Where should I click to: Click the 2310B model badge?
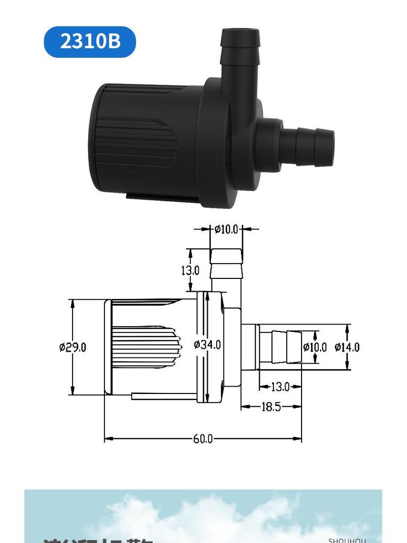[x=90, y=41]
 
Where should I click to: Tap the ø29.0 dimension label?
[x=73, y=347]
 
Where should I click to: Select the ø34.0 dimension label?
[x=207, y=345]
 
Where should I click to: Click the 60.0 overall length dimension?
[x=202, y=439]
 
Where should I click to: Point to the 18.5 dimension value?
[x=270, y=407]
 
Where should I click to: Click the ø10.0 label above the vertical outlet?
[x=226, y=229]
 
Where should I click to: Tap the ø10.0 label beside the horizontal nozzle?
[x=315, y=347]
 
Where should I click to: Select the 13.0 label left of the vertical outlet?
[x=190, y=270]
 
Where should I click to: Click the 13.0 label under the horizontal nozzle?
[x=280, y=387]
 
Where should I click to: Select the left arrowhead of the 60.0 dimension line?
[x=108, y=439]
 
